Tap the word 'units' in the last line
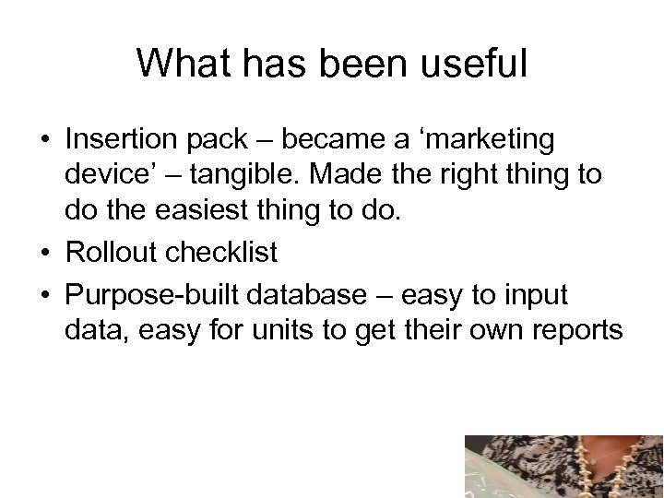click(x=303, y=330)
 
